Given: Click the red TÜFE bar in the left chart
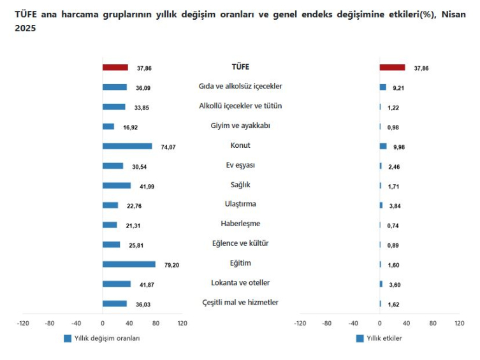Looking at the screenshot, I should click(x=115, y=68).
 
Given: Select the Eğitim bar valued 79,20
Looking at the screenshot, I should click(x=129, y=264).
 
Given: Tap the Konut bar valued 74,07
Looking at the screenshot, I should click(x=127, y=147).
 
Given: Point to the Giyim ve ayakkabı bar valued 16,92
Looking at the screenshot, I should click(x=108, y=127).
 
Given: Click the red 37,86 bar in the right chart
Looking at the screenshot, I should click(x=392, y=68).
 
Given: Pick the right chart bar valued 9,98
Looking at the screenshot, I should click(x=383, y=147).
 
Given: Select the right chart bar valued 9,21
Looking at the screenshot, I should click(x=382, y=87).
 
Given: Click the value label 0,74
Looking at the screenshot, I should click(x=393, y=226).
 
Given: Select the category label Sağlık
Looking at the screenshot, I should click(x=240, y=185).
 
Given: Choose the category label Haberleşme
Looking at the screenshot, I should click(x=240, y=224).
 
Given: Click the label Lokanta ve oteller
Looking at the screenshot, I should click(x=240, y=283).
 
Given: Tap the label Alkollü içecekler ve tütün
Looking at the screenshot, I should click(x=240, y=106).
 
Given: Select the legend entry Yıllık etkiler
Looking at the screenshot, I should click(x=382, y=339).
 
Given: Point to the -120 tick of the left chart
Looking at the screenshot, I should click(x=23, y=324).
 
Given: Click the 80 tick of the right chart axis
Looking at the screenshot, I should click(x=433, y=324).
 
